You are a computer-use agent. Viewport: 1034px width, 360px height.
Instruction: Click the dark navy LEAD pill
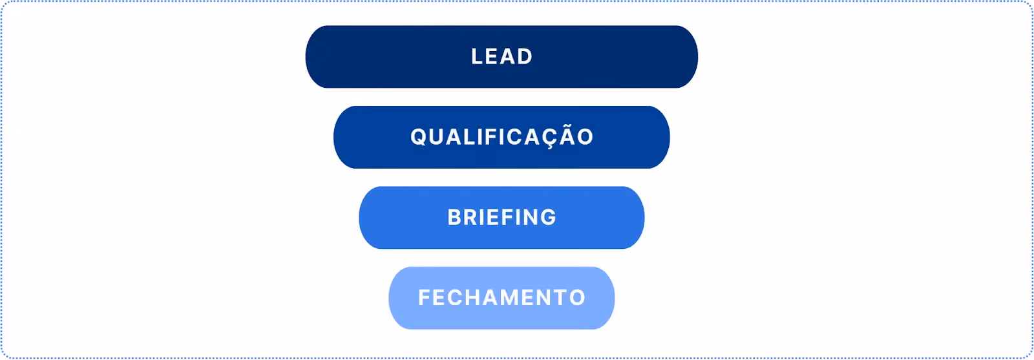point(501,57)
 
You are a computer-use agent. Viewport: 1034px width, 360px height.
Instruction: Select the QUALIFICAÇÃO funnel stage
point(501,137)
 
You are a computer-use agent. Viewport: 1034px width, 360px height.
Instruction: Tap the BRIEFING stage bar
point(501,217)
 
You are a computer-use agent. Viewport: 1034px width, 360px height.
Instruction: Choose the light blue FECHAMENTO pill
point(501,298)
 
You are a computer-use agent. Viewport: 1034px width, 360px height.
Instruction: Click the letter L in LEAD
point(477,57)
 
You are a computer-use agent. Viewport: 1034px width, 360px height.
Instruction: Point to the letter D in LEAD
point(525,57)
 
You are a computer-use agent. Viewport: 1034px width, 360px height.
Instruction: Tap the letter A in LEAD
point(509,57)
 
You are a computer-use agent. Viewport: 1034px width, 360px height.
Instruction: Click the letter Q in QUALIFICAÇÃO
point(419,137)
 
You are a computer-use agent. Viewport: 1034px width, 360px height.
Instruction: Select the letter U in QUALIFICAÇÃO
point(438,137)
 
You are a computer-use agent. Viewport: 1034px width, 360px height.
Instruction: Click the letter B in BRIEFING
point(455,217)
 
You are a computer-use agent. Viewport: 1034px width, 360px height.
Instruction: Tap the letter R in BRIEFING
point(473,217)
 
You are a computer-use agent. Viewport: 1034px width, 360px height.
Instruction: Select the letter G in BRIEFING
point(549,217)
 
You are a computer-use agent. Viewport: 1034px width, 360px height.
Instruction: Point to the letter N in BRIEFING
point(529,217)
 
